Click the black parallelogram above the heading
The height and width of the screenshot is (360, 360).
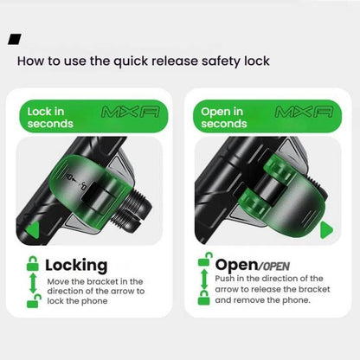point(15,39)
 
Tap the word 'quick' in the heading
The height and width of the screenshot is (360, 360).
point(131,61)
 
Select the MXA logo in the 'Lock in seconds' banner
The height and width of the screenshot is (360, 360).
point(131,112)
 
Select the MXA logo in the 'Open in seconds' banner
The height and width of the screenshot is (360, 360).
point(304,112)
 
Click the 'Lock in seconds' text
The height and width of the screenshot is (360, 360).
point(50,118)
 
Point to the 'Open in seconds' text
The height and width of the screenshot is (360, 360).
point(224,118)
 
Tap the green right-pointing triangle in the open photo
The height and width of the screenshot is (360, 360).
point(327,230)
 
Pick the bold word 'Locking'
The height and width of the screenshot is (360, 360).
point(76,266)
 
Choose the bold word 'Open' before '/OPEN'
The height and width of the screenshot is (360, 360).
point(236,265)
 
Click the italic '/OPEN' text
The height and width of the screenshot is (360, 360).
point(273,267)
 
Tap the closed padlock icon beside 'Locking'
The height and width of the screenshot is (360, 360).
point(33,263)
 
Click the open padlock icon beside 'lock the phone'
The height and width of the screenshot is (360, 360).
point(34,300)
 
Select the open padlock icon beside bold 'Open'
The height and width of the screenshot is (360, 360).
point(205,260)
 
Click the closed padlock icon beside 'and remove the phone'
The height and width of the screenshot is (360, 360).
point(204,298)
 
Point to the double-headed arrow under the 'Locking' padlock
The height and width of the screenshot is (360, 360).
point(33,282)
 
